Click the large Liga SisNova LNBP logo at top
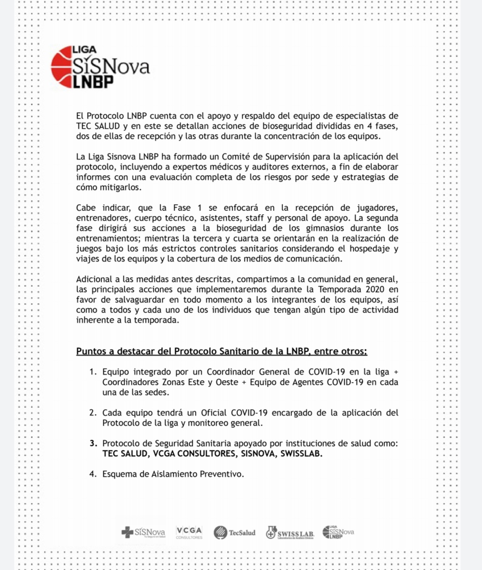click(100, 67)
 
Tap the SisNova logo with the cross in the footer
click(143, 532)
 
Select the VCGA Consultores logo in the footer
click(189, 532)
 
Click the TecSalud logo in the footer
click(234, 532)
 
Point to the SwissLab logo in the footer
click(290, 533)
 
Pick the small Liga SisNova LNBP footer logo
click(338, 532)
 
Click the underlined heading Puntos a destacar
click(221, 351)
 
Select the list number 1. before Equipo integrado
click(93, 372)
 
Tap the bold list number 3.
click(93, 443)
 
